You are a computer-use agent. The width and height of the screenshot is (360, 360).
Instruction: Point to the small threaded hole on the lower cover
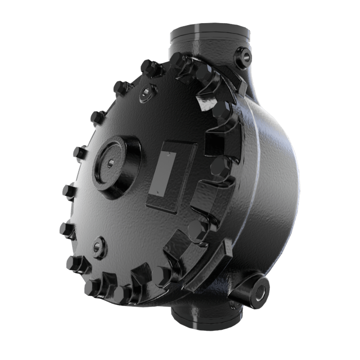tap(97, 246)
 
